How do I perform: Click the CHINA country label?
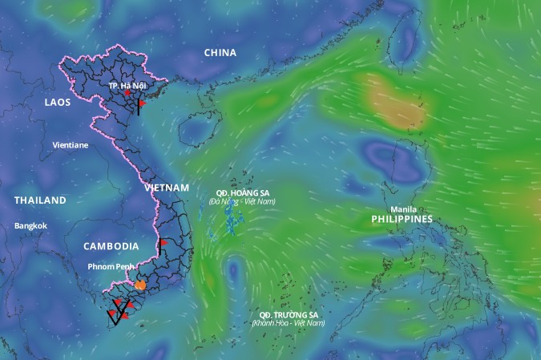click(x=220, y=53)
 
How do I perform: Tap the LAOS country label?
click(x=57, y=103)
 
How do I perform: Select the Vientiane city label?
click(x=70, y=146)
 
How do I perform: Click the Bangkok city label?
click(x=31, y=226)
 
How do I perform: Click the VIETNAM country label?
click(x=167, y=188)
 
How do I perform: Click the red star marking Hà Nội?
click(x=127, y=94)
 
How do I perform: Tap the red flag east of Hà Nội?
click(x=142, y=103)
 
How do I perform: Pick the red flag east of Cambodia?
click(x=163, y=242)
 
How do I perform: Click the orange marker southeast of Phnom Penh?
click(x=140, y=284)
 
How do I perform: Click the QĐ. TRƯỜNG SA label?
click(x=288, y=314)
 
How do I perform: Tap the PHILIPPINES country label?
click(x=402, y=219)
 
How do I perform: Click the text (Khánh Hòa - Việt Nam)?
click(x=288, y=323)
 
